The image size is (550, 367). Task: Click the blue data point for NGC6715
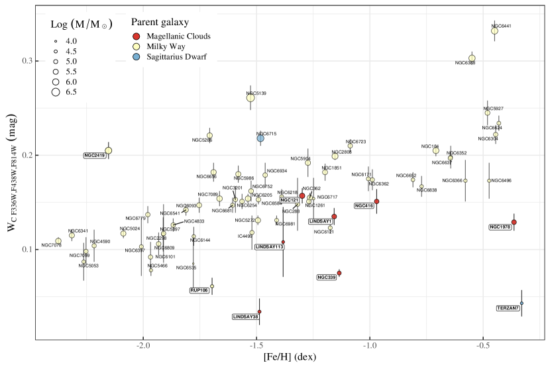(260, 138)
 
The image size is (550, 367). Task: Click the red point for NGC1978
(514, 222)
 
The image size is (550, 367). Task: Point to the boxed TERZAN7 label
(508, 308)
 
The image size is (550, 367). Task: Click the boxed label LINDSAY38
(245, 317)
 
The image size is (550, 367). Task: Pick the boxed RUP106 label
(199, 290)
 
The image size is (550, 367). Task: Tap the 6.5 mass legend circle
(56, 91)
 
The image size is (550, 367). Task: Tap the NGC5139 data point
(250, 98)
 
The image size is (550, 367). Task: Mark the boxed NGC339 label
(327, 277)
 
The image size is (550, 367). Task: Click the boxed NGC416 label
(364, 206)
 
